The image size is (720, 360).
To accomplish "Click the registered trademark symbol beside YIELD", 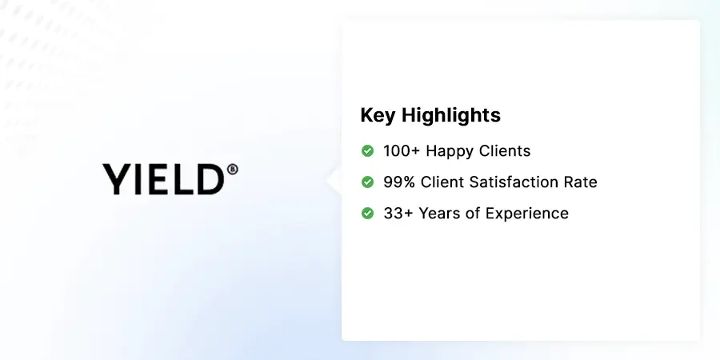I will point(233,169).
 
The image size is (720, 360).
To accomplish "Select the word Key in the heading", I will point(378,115).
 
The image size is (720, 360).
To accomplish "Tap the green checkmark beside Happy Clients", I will point(368,150).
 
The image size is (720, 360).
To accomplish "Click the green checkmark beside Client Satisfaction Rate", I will point(368,182).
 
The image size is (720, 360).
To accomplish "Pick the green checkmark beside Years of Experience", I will point(368,213).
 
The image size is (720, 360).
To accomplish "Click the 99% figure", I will point(399,182).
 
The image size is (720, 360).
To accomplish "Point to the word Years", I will point(438,213).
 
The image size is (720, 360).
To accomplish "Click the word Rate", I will point(580,182).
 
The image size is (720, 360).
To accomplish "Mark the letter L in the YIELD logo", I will point(182,179).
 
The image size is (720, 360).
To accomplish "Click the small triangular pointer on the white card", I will point(334,180).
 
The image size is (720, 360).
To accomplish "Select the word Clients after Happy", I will point(505,150).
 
